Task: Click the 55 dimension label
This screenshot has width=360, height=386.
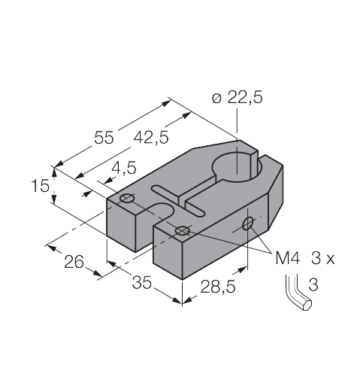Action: [x=104, y=138]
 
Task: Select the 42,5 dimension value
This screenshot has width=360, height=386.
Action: [x=151, y=138]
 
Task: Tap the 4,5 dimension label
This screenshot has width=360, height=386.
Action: [x=124, y=168]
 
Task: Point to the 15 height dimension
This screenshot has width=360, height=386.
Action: [x=40, y=186]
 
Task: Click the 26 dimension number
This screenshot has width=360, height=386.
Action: [x=74, y=262]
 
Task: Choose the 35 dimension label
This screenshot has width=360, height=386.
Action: [x=142, y=282]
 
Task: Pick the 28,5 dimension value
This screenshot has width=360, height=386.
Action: [x=218, y=287]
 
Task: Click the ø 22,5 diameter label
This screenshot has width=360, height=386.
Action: [x=237, y=97]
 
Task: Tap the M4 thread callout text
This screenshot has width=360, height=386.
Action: [x=287, y=258]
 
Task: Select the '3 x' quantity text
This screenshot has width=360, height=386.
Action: [x=323, y=258]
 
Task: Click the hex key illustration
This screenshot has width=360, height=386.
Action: [x=298, y=293]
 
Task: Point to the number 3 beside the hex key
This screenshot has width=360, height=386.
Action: [x=313, y=284]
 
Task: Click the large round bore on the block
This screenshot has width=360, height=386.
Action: [x=237, y=168]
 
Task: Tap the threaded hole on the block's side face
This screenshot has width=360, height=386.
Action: [x=247, y=223]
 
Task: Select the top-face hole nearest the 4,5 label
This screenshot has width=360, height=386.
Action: [x=127, y=198]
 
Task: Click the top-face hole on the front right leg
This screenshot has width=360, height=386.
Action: [x=183, y=230]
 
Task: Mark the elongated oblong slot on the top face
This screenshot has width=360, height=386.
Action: [x=178, y=200]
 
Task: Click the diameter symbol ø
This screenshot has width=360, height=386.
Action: [x=216, y=98]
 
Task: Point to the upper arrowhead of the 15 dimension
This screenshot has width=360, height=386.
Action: [x=54, y=172]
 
